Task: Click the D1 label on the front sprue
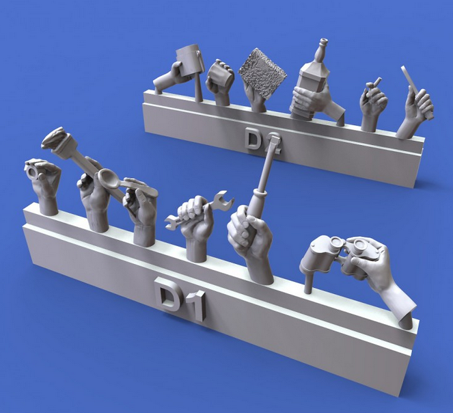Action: [x=180, y=299]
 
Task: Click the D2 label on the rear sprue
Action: [x=262, y=142]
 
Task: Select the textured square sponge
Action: [x=262, y=73]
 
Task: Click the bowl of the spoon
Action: [x=108, y=178]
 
